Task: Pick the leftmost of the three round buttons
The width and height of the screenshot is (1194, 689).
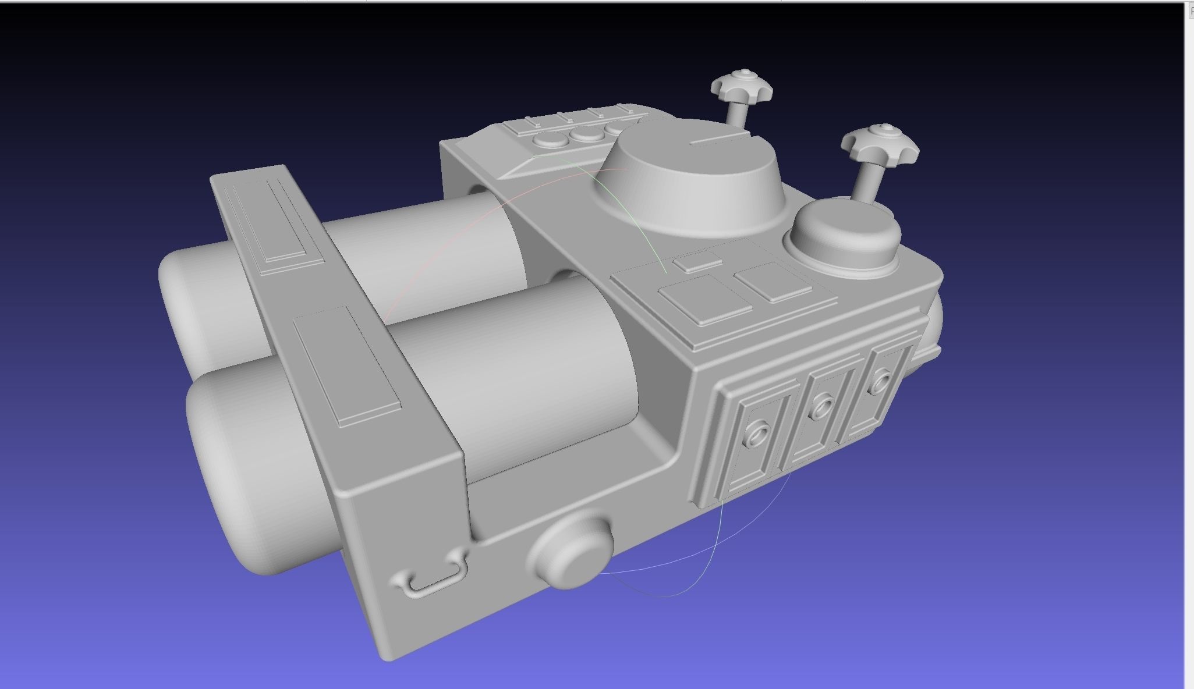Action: (547, 140)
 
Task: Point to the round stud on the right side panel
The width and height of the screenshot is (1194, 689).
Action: (880, 381)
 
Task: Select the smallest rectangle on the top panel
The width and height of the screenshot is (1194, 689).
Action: (697, 261)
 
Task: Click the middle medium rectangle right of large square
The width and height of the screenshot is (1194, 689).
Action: (773, 282)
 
